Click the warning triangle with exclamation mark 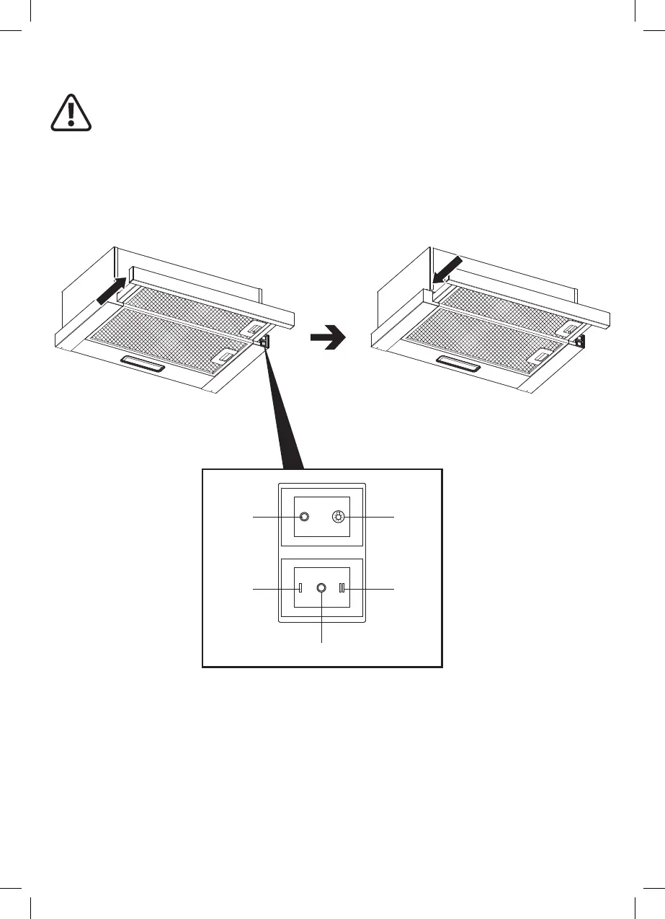[x=71, y=113]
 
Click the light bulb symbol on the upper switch [x=338, y=517]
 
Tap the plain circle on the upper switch [x=304, y=517]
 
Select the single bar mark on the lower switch [x=300, y=589]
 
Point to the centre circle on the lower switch [x=321, y=589]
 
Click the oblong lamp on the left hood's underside [x=143, y=364]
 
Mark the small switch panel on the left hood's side [x=264, y=341]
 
